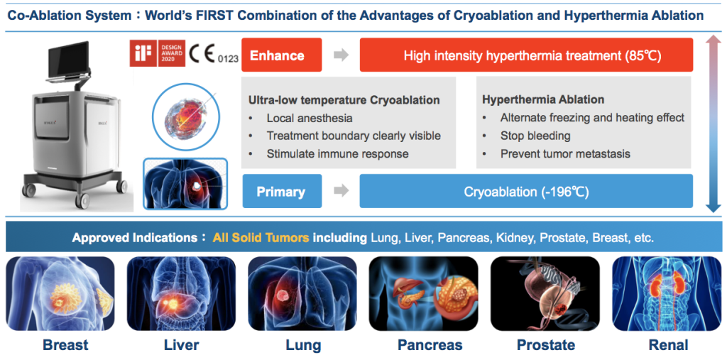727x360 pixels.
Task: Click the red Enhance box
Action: click(x=282, y=55)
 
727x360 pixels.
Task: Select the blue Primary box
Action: click(x=282, y=191)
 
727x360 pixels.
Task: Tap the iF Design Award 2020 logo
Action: click(x=158, y=53)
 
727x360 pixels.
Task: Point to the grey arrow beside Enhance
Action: click(x=341, y=55)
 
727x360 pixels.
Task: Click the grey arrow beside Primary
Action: click(x=341, y=191)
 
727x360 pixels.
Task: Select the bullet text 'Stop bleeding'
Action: click(x=535, y=136)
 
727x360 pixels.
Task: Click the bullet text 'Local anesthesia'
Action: click(x=310, y=119)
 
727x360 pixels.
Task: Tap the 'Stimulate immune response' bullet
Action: click(x=337, y=153)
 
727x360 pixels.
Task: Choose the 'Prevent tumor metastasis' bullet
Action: click(x=565, y=153)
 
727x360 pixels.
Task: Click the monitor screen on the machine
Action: click(x=67, y=58)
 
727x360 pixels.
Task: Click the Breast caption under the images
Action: click(x=65, y=345)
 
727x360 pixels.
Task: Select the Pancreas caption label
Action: click(x=430, y=345)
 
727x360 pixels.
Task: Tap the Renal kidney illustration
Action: click(x=667, y=294)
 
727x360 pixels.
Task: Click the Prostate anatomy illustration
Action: click(x=545, y=294)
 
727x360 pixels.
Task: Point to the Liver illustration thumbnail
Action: click(x=181, y=294)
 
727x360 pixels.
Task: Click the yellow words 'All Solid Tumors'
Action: click(x=261, y=239)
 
